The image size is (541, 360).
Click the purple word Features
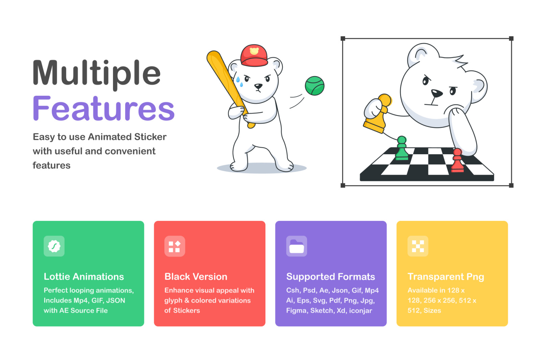tap(103, 108)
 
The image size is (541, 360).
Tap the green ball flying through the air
tap(314, 86)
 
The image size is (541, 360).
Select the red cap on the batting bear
tap(254, 55)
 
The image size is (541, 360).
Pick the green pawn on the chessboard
tap(402, 148)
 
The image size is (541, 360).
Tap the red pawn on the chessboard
tap(457, 160)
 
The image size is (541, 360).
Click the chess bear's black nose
tap(437, 93)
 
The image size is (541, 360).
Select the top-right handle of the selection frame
tap(511, 39)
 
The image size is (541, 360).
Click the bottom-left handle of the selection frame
tap(343, 185)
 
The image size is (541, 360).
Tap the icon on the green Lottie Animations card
tap(54, 246)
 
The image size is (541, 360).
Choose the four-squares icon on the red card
tap(174, 246)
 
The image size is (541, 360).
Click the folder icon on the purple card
tap(297, 246)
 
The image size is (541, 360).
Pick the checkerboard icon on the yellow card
tap(418, 246)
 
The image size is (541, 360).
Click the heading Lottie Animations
tap(84, 277)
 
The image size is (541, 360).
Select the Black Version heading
tap(196, 277)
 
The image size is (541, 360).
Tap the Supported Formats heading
tap(331, 277)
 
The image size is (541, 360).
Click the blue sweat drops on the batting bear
tap(240, 82)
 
